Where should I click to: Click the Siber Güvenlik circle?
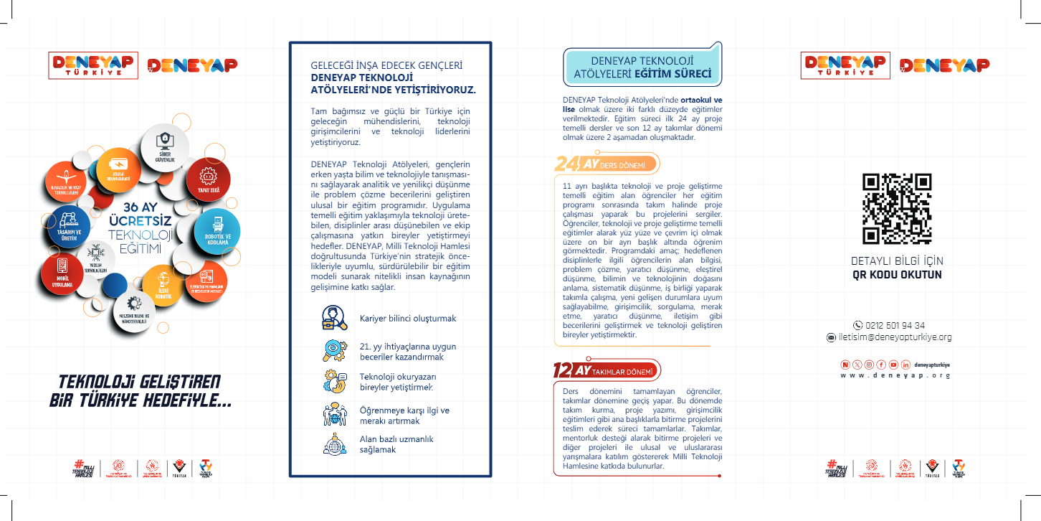[166, 147]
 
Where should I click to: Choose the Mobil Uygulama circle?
[62, 273]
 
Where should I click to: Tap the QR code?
[897, 208]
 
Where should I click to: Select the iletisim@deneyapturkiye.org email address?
[894, 337]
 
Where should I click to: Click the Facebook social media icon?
[881, 365]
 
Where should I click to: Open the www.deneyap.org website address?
[895, 375]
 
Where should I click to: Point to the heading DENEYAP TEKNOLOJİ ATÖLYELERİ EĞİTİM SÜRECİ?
[642, 67]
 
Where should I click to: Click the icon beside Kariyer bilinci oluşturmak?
[334, 318]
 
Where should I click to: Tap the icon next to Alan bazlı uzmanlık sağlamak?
[334, 443]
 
